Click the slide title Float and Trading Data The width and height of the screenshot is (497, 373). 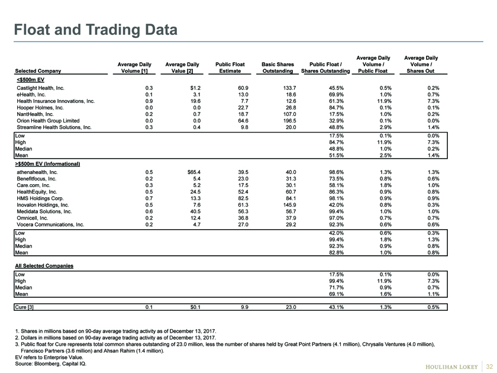(x=95, y=30)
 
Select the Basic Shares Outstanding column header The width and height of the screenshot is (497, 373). (x=277, y=67)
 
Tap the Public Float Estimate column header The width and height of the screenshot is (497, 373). (x=230, y=67)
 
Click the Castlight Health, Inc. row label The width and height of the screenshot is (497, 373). (x=41, y=88)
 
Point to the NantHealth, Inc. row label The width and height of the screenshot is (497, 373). (x=35, y=114)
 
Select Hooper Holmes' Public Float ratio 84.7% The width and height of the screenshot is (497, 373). (x=336, y=108)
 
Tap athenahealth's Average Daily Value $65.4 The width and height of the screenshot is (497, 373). (x=194, y=172)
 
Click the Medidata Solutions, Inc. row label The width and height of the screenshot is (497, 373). (x=44, y=211)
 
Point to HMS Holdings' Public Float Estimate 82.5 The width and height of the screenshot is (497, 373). (x=243, y=198)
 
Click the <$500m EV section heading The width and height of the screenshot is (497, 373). (x=30, y=79)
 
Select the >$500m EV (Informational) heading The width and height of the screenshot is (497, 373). (x=47, y=164)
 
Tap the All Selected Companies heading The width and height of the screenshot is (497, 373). (x=44, y=266)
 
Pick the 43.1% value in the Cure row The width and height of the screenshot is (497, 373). (x=336, y=307)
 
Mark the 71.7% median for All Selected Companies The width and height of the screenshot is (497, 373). (x=336, y=288)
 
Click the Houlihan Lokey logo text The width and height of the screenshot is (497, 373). (x=451, y=367)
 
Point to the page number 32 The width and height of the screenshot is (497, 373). (x=489, y=366)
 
